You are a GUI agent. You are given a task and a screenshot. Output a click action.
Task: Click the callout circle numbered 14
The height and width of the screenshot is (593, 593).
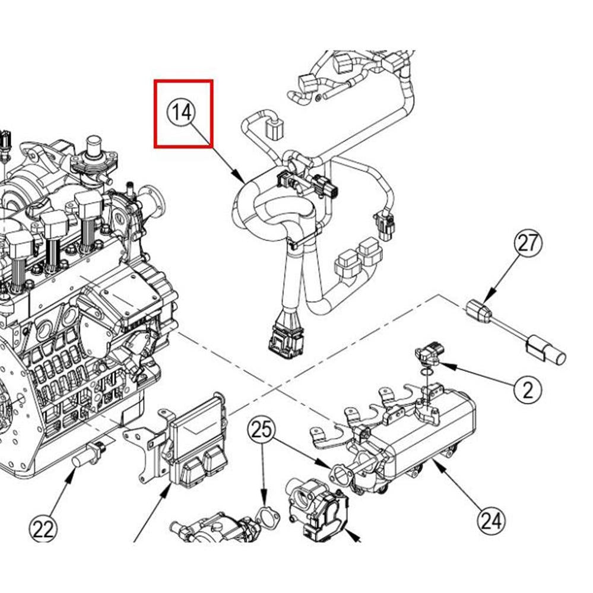pyautogui.click(x=182, y=112)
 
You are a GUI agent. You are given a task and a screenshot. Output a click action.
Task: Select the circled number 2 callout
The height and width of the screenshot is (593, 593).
pyautogui.click(x=528, y=389)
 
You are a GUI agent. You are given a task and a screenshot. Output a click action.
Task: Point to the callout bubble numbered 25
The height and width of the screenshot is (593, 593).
pyautogui.click(x=262, y=430)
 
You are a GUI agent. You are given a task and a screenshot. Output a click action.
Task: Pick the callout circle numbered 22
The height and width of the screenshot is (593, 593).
pyautogui.click(x=43, y=529)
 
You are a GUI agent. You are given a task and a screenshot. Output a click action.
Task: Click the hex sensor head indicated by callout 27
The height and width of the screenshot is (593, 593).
pyautogui.click(x=480, y=311)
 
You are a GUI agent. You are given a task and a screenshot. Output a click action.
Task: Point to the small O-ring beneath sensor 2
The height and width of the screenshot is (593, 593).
pyautogui.click(x=422, y=373)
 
